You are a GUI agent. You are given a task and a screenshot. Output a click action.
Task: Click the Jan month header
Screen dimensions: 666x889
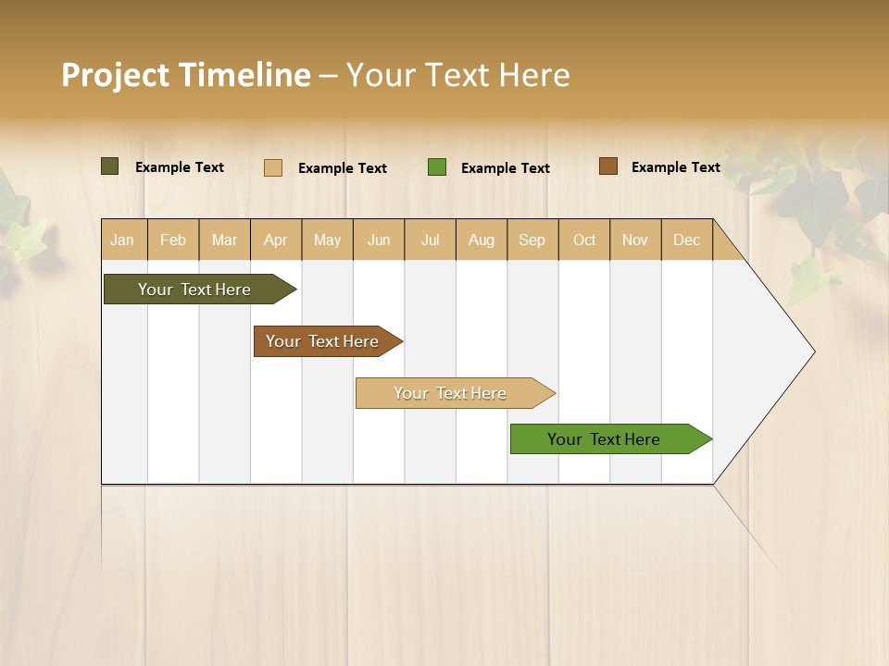click(x=123, y=240)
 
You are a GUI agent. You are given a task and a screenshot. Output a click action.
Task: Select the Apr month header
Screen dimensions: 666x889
click(x=276, y=240)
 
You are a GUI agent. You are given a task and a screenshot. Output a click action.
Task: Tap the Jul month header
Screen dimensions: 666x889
click(x=430, y=240)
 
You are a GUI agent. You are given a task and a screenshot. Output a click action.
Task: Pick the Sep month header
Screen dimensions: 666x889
click(x=532, y=240)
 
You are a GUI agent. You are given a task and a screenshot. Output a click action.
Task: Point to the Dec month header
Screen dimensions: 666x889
click(x=686, y=240)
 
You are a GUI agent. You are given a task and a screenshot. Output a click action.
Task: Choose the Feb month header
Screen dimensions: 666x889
click(x=173, y=240)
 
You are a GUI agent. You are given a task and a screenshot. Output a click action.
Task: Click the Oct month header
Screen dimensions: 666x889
click(x=584, y=240)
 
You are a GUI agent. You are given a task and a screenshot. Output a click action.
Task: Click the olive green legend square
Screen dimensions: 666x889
click(x=110, y=166)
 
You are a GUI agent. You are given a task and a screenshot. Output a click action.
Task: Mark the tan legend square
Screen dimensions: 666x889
click(x=273, y=167)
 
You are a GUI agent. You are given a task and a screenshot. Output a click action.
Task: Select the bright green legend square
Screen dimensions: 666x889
click(x=437, y=166)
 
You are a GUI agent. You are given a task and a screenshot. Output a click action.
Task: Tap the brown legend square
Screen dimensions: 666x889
click(x=608, y=166)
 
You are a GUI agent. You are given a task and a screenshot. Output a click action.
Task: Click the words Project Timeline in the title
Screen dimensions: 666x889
click(x=186, y=75)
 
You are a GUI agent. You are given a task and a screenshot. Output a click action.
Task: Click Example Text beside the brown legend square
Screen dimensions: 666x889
click(x=675, y=167)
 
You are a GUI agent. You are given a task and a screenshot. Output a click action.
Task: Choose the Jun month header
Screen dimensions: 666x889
click(x=379, y=240)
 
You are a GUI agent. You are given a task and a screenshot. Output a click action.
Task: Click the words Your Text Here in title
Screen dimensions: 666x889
click(x=457, y=75)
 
